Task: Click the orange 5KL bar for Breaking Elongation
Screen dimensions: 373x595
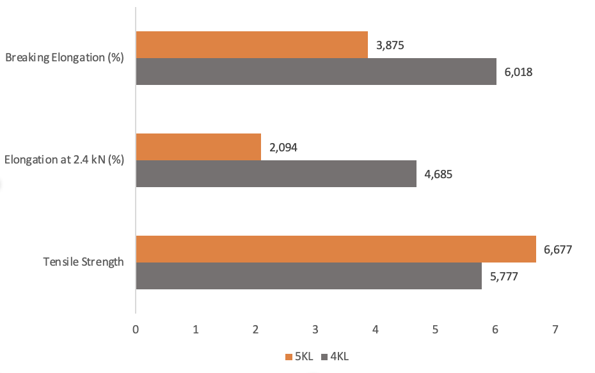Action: click(251, 45)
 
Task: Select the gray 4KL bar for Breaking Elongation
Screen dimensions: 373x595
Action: click(316, 72)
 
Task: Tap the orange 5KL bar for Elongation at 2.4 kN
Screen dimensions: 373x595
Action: click(198, 147)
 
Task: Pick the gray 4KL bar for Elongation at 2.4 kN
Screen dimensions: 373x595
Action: click(276, 174)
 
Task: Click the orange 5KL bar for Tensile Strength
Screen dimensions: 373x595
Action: click(336, 249)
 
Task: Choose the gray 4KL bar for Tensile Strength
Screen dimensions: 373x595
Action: click(308, 276)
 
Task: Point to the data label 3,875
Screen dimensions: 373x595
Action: click(390, 45)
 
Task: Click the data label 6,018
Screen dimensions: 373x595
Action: click(519, 72)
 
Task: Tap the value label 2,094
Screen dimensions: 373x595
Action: click(283, 148)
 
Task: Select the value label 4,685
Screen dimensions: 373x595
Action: click(438, 174)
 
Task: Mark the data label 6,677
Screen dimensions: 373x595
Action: click(558, 250)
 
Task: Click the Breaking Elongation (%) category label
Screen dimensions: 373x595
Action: click(64, 58)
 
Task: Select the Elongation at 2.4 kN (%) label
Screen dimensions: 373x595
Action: click(64, 160)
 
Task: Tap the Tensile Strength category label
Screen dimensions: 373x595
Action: click(83, 262)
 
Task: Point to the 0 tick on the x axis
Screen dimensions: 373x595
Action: click(136, 330)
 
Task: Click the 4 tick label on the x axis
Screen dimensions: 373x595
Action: click(376, 330)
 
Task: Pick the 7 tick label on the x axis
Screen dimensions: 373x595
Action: click(555, 330)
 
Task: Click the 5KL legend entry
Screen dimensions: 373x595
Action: click(299, 356)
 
